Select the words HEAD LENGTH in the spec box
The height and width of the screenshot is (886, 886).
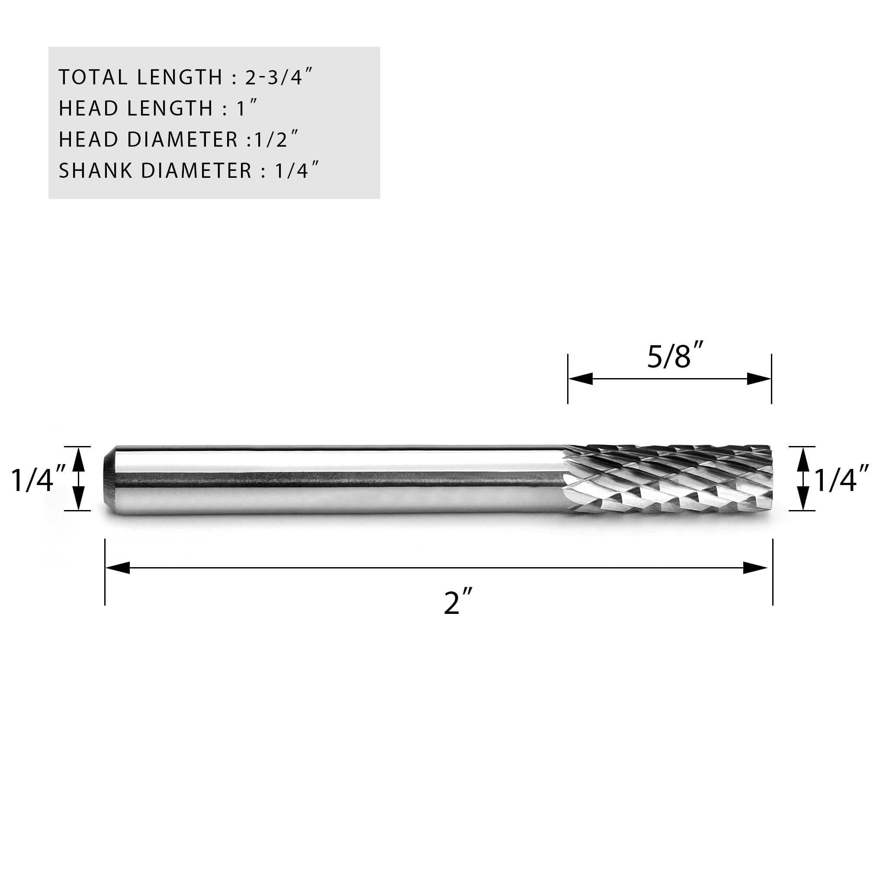[x=136, y=109]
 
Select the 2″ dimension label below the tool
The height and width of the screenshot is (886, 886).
[x=458, y=602]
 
